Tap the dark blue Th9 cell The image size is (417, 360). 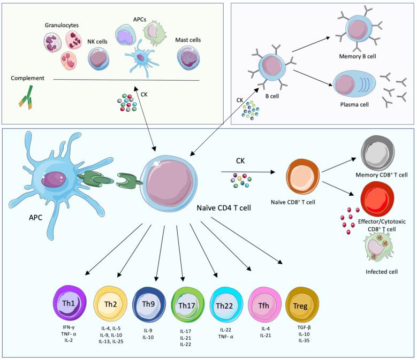[x=147, y=302]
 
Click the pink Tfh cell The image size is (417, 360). [x=263, y=303]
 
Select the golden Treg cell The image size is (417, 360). [x=300, y=303]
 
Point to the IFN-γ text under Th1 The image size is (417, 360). [x=69, y=327]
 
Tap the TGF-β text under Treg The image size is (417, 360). [x=300, y=327]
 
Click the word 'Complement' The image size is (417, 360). [x=27, y=78]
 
